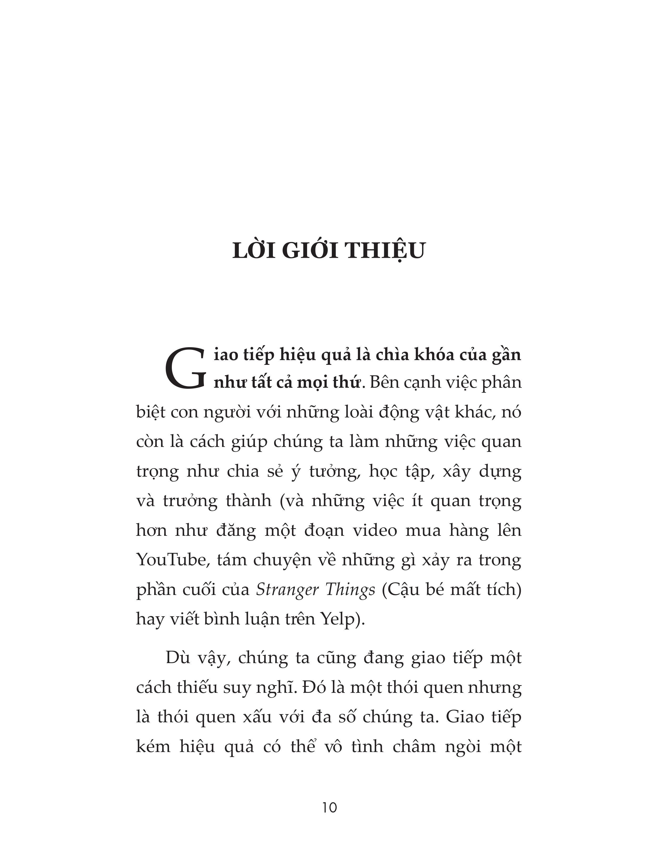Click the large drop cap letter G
[x=185, y=368]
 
